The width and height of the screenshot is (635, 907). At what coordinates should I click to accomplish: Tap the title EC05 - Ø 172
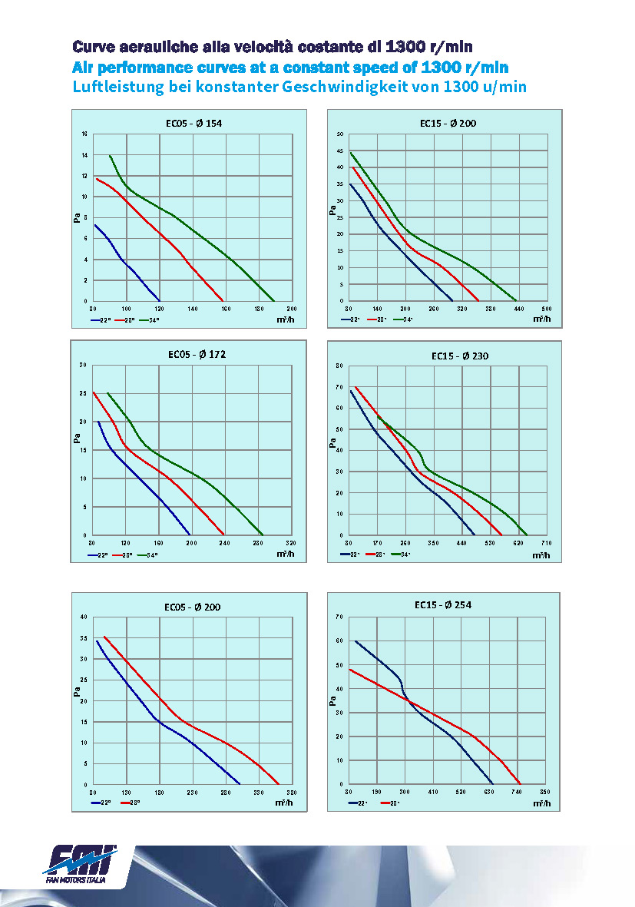tap(197, 355)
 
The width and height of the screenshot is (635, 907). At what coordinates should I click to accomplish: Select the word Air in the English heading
tap(85, 67)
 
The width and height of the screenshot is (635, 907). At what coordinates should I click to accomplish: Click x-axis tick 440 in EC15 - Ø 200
tap(518, 309)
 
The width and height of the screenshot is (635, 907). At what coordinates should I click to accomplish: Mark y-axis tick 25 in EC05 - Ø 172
tap(84, 393)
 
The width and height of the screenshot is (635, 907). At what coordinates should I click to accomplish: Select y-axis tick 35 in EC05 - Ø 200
tap(84, 638)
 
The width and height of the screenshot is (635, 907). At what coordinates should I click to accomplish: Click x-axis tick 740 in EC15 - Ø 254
tap(517, 792)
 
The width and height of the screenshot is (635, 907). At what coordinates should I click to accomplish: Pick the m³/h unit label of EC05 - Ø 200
tap(285, 803)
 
